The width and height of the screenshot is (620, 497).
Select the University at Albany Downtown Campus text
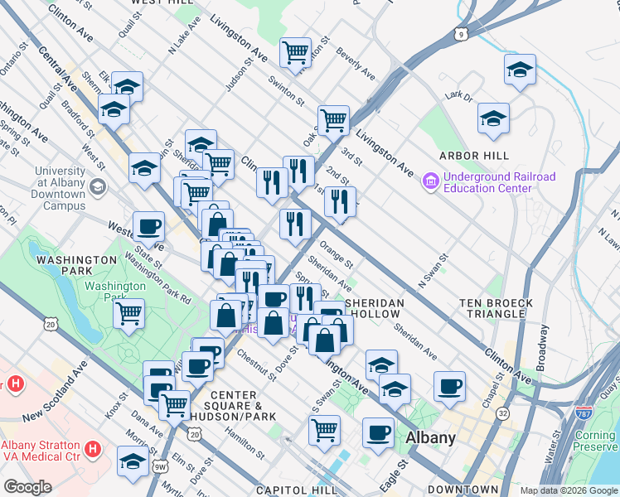[x=48, y=188]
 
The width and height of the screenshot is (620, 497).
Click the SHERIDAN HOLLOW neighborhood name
[x=375, y=309]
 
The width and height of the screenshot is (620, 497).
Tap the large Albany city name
[x=430, y=437]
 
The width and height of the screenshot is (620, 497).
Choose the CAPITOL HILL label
[x=294, y=490]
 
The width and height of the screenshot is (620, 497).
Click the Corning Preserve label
[x=595, y=442]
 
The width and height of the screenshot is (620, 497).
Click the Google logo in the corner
[x=28, y=487]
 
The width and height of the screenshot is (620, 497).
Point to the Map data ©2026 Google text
[x=569, y=490]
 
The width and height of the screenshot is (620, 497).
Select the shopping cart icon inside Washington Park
[x=129, y=313]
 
